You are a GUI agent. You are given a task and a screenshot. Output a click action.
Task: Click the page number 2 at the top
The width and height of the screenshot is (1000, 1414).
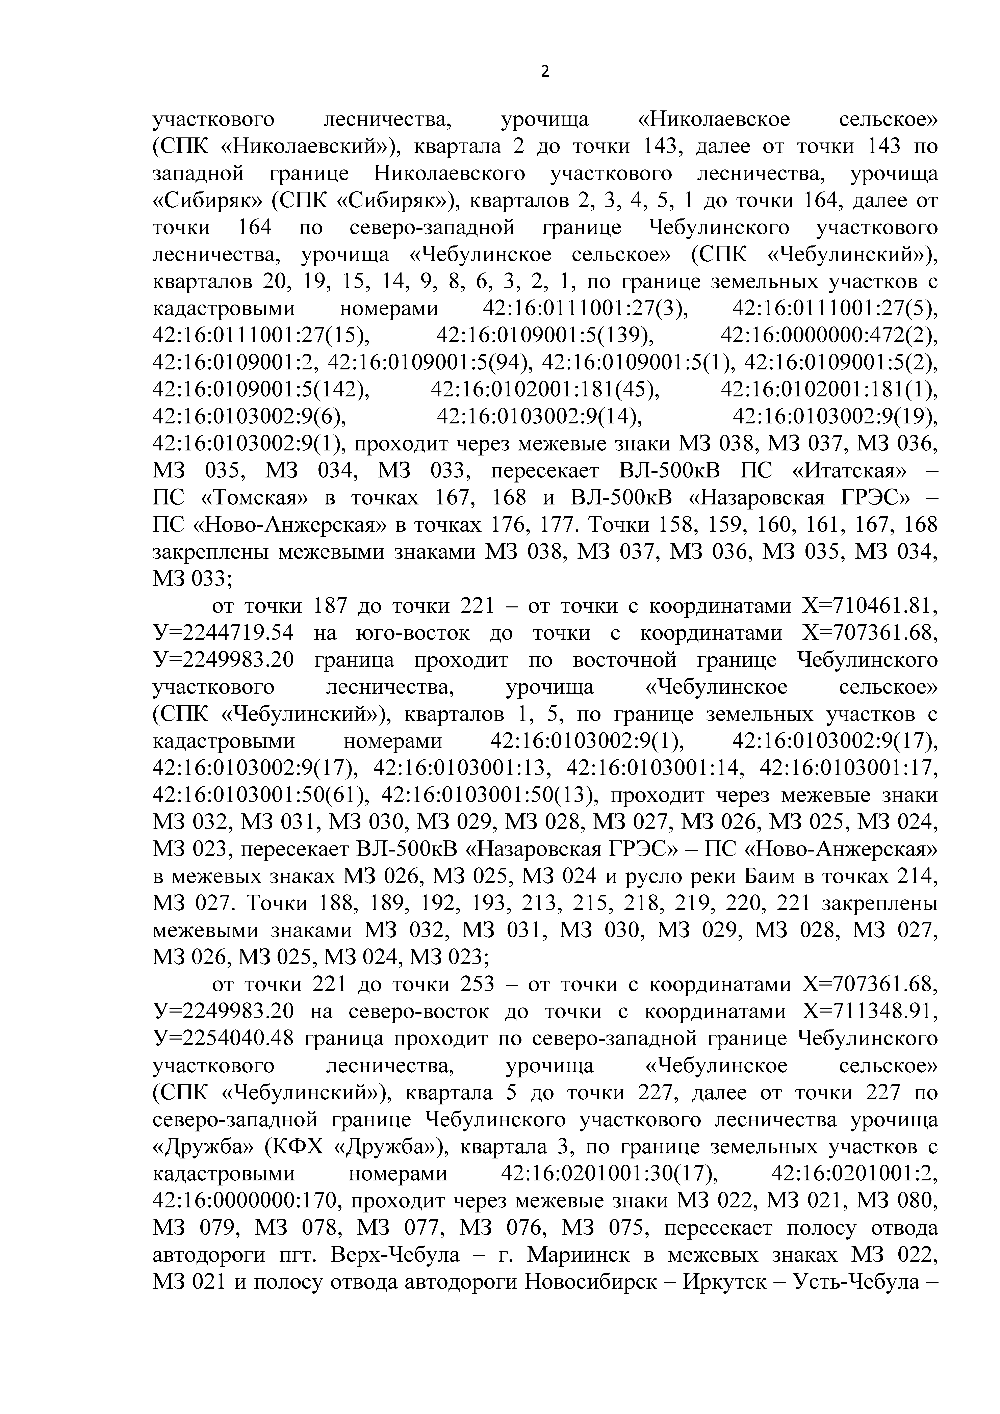pyautogui.click(x=544, y=72)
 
